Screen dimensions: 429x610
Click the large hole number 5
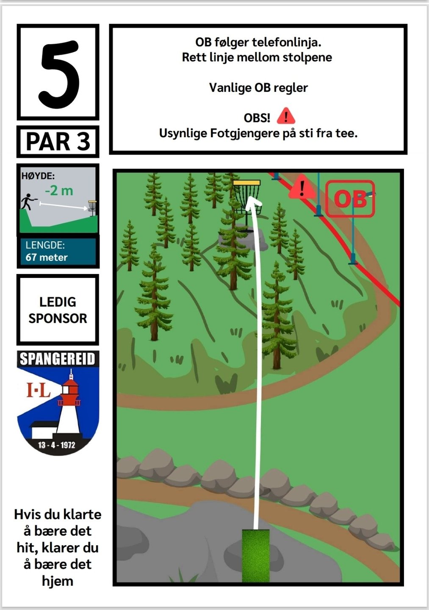[x=59, y=74]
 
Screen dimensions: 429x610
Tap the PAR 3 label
[x=58, y=141]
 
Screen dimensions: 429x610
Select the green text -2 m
[x=59, y=191]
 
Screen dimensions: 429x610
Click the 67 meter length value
[x=47, y=258]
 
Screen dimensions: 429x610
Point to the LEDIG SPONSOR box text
[x=58, y=310]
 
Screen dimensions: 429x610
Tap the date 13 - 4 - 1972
[x=56, y=445]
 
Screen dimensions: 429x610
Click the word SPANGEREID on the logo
[x=58, y=359]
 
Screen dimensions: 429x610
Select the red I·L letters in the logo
[x=39, y=390]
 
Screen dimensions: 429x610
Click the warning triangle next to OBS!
[x=286, y=116]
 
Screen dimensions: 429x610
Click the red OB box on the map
[x=350, y=199]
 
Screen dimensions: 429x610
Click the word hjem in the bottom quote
[x=58, y=581]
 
